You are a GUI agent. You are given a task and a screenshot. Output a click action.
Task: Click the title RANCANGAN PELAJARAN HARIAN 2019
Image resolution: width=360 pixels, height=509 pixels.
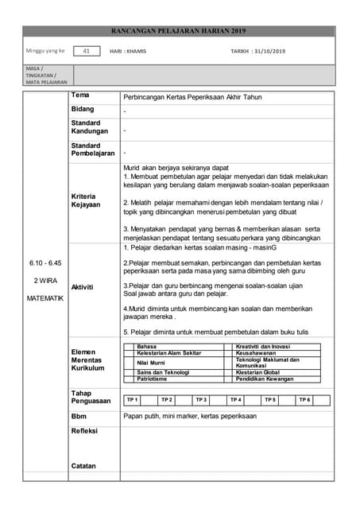180,32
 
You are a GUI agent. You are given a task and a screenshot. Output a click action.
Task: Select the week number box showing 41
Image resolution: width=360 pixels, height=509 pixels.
86,51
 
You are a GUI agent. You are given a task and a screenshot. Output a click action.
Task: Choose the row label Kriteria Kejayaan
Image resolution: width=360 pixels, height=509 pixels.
86,200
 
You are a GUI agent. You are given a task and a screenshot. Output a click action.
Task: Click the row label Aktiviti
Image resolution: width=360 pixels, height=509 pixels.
83,286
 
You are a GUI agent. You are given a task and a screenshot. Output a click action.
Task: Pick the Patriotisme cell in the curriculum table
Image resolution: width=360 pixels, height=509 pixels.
154,379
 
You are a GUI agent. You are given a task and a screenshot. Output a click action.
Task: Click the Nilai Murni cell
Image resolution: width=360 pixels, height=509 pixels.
152,363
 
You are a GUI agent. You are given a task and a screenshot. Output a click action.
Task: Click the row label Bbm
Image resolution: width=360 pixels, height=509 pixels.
79,416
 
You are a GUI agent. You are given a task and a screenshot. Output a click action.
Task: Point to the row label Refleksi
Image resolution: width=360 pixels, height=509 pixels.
84,432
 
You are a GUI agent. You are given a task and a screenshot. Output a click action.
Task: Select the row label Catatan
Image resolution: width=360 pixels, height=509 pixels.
84,465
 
